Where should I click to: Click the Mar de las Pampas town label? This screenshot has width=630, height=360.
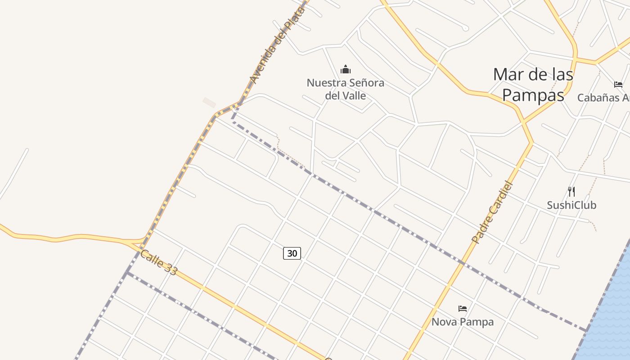(533, 85)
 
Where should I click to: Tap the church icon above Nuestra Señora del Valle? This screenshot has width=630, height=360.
(346, 69)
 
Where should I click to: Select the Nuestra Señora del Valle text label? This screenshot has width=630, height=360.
(346, 89)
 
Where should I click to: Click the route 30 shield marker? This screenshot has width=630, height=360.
(292, 253)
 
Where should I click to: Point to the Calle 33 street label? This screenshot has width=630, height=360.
(159, 262)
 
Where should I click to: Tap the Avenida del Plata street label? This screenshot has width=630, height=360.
(277, 45)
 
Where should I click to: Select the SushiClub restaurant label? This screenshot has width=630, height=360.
(571, 205)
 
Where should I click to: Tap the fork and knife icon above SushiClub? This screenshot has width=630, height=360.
(571, 192)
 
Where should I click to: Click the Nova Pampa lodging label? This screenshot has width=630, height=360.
(463, 322)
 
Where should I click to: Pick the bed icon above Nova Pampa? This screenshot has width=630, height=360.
(463, 309)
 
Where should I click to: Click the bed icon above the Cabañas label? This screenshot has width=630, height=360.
(618, 85)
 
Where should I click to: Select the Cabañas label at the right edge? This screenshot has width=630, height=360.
(603, 98)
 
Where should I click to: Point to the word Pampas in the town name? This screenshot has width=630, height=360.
(533, 95)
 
